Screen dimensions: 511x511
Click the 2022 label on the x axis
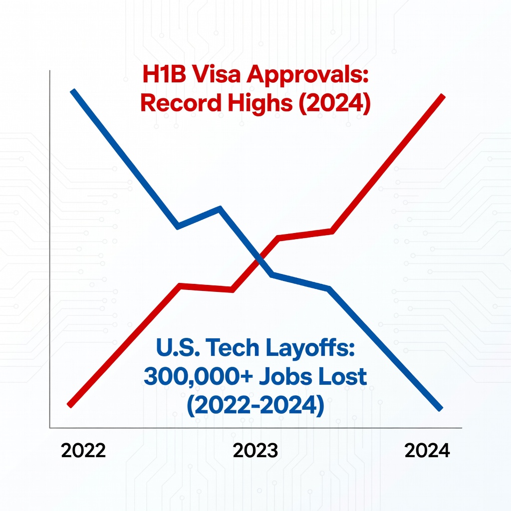[x=83, y=451]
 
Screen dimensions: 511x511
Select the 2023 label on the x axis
[x=255, y=451]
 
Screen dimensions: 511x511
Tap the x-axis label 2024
[x=427, y=451]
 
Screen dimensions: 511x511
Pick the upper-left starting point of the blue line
[x=73, y=91]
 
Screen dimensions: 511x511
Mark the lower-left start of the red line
[x=70, y=404]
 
